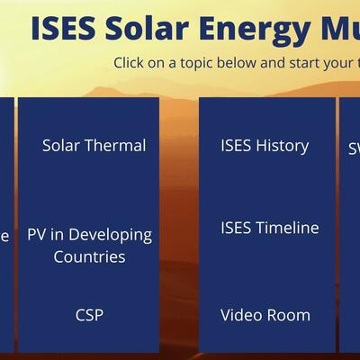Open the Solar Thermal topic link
click(x=94, y=145)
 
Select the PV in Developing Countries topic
click(x=89, y=246)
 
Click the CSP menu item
click(x=89, y=315)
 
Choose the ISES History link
click(x=265, y=145)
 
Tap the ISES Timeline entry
click(x=270, y=228)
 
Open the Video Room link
click(x=265, y=315)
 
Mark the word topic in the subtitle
click(x=194, y=63)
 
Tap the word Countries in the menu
click(x=89, y=257)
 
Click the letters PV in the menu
click(x=37, y=235)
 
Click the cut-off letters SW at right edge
click(x=354, y=149)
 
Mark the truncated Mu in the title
click(x=335, y=29)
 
